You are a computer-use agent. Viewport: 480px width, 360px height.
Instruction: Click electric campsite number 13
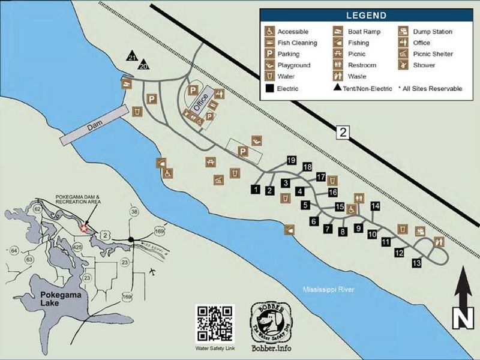[417, 263]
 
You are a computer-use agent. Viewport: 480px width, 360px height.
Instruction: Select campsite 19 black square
[292, 160]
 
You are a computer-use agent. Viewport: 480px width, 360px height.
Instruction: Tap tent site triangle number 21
[132, 57]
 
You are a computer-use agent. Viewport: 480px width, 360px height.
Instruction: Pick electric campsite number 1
[256, 190]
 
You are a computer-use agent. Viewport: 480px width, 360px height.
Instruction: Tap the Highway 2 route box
[342, 133]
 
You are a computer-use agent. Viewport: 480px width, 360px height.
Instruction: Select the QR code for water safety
[214, 323]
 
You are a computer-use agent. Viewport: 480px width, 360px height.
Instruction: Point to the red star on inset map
[84, 228]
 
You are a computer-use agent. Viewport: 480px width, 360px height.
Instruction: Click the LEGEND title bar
[367, 16]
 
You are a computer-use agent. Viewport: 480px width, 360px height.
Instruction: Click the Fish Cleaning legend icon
[271, 43]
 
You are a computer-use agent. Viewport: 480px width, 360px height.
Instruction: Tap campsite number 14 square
[376, 206]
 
